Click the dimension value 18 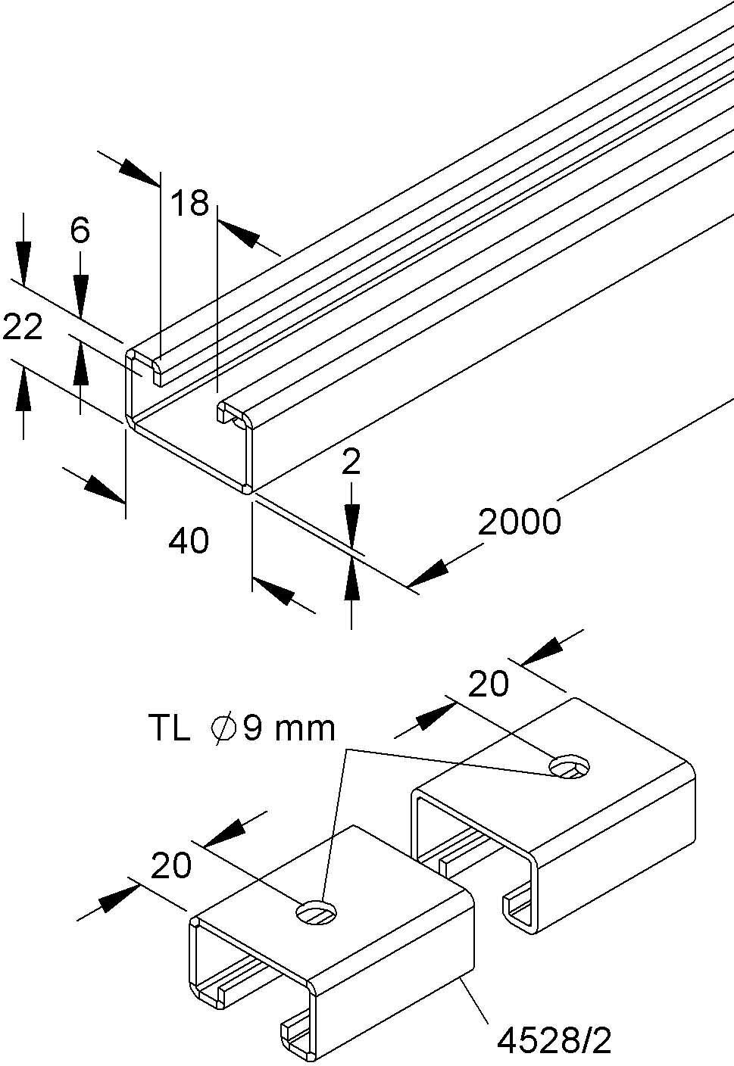(x=190, y=203)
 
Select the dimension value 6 (x=80, y=231)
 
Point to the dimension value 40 (x=189, y=541)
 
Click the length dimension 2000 (x=520, y=522)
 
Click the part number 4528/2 (x=554, y=1040)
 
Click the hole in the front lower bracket (x=317, y=912)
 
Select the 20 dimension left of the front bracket (x=171, y=865)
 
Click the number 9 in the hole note (x=252, y=728)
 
